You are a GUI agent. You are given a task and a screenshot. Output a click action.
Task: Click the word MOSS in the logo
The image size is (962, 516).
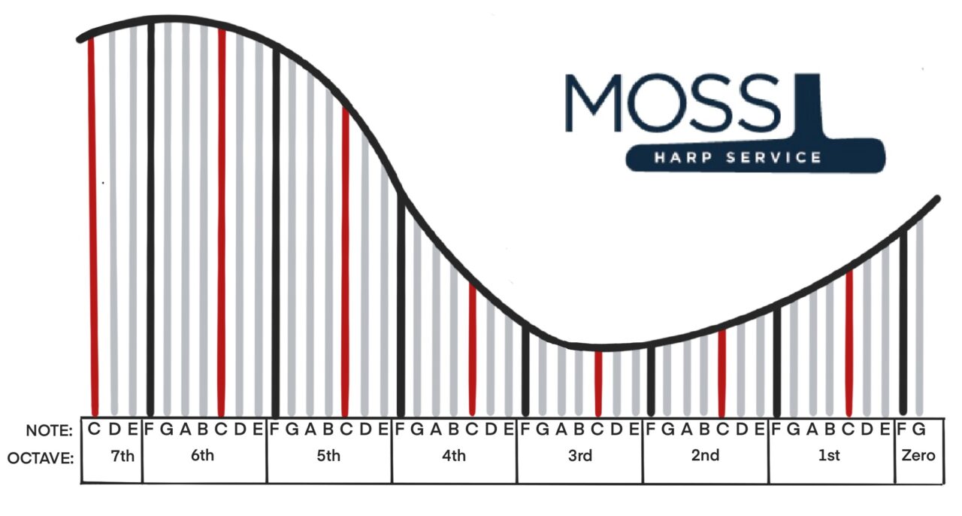coord(673,103)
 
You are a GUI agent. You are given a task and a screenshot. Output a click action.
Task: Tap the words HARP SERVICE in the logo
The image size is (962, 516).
coord(737,158)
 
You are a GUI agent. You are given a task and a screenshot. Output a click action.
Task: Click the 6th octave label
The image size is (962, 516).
coord(202,456)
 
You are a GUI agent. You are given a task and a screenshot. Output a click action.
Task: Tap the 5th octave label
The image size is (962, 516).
coord(328,456)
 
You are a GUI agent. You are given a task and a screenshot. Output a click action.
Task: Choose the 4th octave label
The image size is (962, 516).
coord(454,456)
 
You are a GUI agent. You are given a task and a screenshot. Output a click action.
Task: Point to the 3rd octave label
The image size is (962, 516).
coord(579,456)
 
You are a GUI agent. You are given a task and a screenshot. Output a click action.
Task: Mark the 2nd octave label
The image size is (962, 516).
coord(705,456)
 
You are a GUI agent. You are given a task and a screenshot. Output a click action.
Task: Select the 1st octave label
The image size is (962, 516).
coord(830,456)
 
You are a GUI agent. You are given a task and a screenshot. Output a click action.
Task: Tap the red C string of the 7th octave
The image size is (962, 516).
coord(92,226)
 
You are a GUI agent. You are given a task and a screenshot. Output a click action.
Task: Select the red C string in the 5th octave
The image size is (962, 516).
coord(345,263)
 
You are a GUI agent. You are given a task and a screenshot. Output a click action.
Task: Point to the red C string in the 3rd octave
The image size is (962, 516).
coord(598,384)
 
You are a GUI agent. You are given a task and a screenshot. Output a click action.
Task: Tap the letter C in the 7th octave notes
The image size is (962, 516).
coord(95,430)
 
